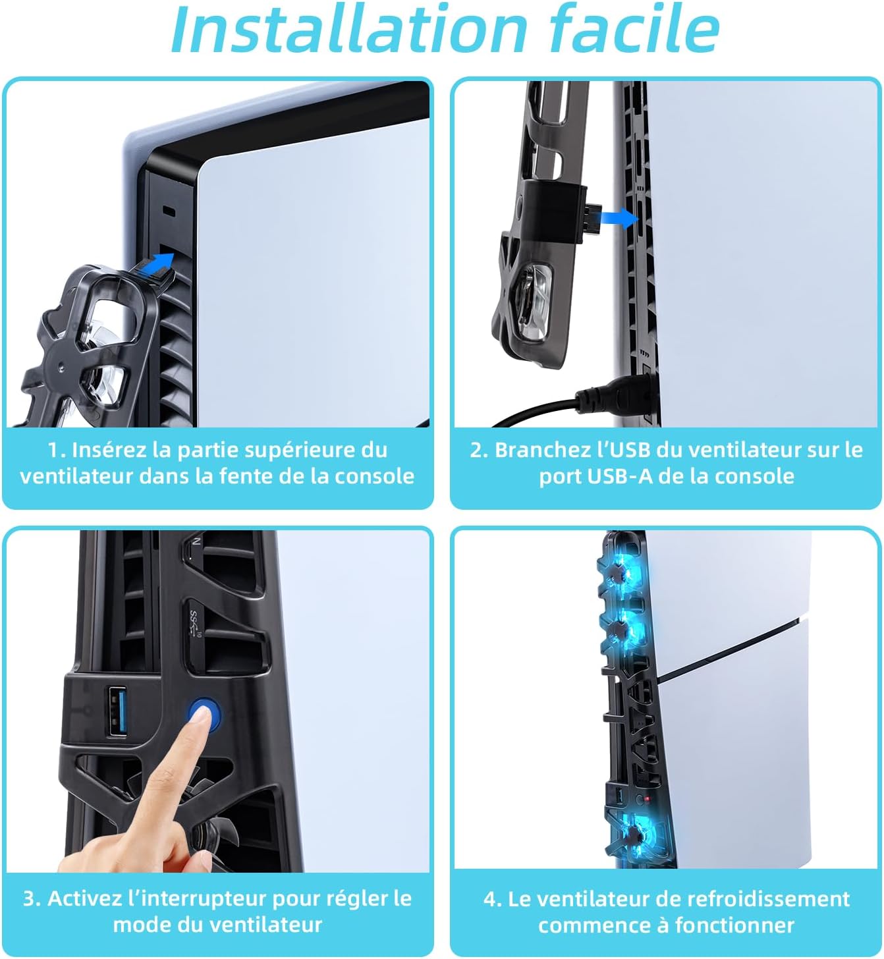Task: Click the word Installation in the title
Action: coord(348,29)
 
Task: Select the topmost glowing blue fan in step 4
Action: coord(620,573)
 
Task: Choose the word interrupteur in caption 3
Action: coord(198,899)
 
